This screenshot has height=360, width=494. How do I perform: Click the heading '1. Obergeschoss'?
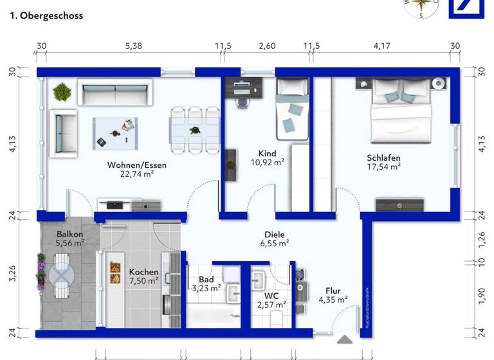(x=46, y=16)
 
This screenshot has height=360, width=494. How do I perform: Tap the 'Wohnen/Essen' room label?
(x=136, y=165)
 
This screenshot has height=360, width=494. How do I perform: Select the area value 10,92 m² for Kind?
(x=267, y=163)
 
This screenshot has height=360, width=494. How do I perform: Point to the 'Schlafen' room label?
(x=384, y=157)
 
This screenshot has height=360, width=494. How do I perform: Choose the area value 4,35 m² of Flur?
(x=333, y=299)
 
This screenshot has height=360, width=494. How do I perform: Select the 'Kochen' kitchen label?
(x=143, y=272)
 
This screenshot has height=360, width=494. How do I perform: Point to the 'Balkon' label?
(x=69, y=234)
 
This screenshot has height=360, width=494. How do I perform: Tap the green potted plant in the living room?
(x=62, y=92)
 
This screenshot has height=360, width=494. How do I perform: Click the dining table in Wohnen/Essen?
(x=194, y=129)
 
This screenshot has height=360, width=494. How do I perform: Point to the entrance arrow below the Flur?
(x=345, y=339)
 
